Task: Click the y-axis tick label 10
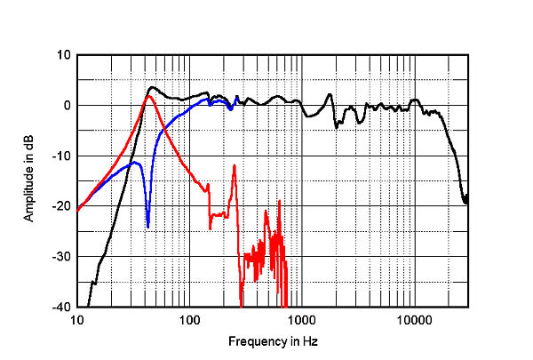click(63, 54)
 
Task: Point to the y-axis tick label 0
click(66, 105)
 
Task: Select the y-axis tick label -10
click(61, 156)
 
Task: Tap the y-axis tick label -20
click(61, 206)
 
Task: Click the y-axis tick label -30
click(61, 257)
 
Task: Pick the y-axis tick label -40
click(61, 307)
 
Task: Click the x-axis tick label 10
click(77, 318)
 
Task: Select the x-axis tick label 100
click(188, 318)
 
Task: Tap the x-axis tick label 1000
click(300, 318)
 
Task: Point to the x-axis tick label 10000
click(413, 318)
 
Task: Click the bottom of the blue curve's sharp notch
click(147, 228)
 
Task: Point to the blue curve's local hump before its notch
click(135, 163)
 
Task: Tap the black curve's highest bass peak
click(153, 87)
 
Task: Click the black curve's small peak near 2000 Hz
click(330, 94)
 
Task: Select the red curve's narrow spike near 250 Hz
click(234, 165)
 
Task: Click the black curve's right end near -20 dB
click(466, 203)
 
